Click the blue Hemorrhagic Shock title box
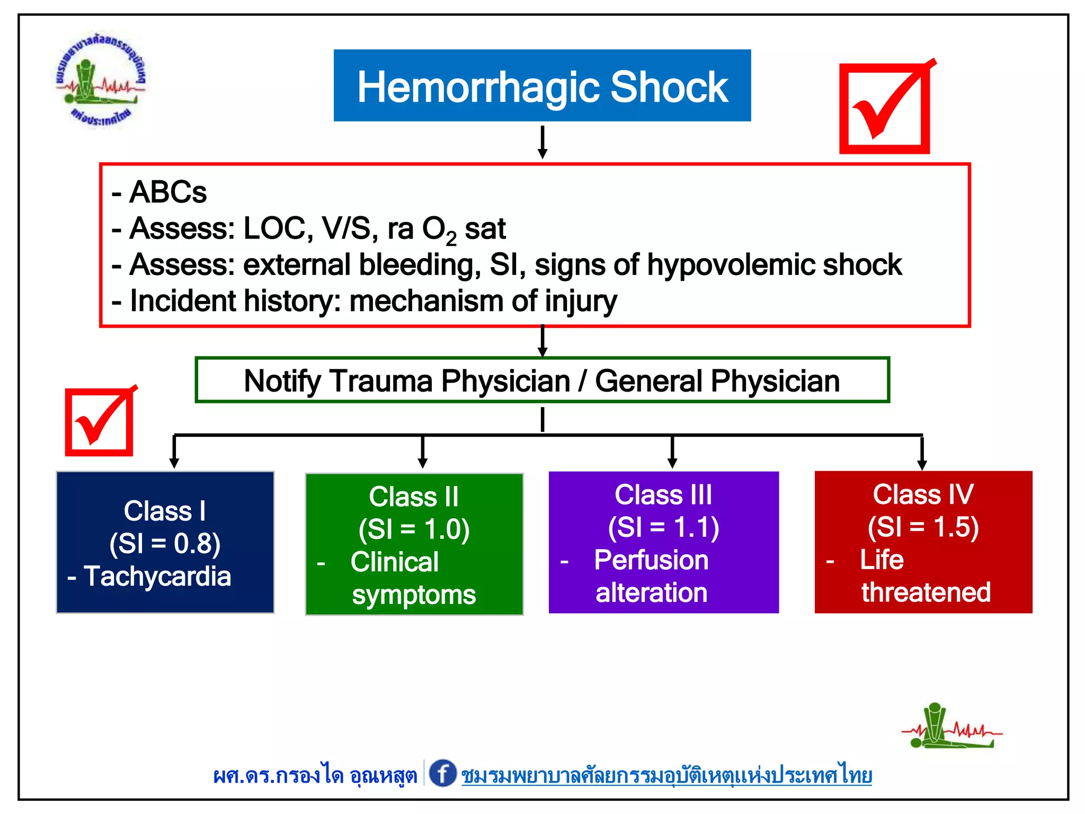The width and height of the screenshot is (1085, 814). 542,86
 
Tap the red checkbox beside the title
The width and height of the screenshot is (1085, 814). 885,109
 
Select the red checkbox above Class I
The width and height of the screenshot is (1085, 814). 99,422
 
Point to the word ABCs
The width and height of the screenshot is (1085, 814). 168,192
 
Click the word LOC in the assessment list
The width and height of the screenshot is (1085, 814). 274,229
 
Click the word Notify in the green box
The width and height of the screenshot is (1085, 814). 282,381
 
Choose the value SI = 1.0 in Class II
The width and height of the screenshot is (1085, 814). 414,529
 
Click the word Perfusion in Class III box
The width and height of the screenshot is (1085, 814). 651,560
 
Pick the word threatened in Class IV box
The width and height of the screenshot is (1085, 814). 926,592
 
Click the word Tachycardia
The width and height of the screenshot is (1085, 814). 157,576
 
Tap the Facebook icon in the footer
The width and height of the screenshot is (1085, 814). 442,773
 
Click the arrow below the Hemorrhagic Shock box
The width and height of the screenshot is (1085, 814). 542,142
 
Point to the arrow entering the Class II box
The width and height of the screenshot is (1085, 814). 422,453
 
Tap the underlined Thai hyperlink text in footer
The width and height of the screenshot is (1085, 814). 666,775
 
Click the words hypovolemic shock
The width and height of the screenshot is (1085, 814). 774,264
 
